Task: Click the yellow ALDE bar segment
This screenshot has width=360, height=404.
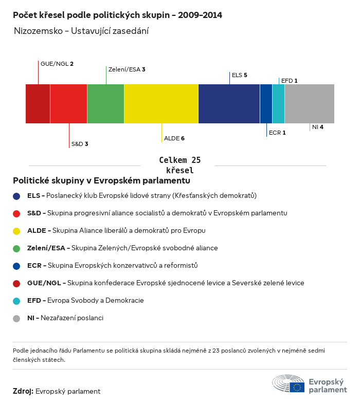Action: [161, 104]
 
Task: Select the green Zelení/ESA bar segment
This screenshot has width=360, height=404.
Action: [105, 104]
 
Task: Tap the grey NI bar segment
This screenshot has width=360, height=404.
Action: [309, 104]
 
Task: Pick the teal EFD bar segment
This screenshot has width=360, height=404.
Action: [278, 104]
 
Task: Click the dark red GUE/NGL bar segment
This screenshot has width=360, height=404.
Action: [38, 104]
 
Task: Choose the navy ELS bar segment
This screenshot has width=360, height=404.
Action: [229, 104]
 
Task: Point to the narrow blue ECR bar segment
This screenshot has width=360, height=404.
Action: [266, 104]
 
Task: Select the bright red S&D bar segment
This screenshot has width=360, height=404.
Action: [68, 104]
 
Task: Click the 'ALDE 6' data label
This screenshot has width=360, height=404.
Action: [174, 139]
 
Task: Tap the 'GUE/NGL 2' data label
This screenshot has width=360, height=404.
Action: [57, 64]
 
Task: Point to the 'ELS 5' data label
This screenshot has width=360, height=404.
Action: [240, 75]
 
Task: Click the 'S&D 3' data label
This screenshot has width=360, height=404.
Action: [80, 144]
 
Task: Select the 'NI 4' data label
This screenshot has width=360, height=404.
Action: [317, 126]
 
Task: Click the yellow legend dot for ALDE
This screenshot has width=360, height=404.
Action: [16, 231]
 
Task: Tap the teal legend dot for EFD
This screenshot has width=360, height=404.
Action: [16, 301]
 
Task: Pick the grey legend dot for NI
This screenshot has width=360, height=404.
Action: [16, 318]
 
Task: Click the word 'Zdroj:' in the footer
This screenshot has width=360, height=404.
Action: [23, 392]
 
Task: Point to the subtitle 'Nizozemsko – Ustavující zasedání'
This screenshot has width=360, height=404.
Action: [82, 31]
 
